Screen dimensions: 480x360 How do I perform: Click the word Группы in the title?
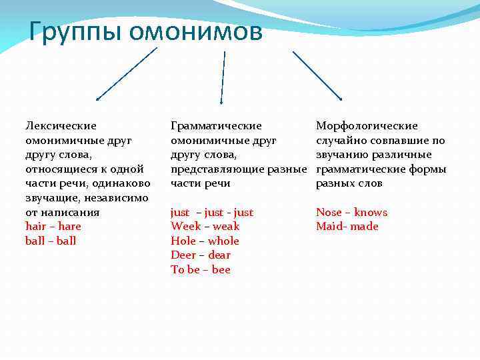tap(74, 31)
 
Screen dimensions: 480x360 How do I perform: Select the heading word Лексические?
tap(61, 125)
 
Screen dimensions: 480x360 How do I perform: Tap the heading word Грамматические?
tap(216, 125)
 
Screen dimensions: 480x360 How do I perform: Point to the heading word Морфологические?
tap(367, 125)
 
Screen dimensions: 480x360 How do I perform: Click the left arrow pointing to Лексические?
tap(127, 73)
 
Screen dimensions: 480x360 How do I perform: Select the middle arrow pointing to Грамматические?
tap(223, 76)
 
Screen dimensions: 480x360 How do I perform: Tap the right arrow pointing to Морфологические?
tap(317, 75)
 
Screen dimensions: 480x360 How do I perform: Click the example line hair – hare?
tap(53, 226)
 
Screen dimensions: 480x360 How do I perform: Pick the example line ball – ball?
tap(51, 241)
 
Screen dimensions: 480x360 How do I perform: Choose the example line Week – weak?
tap(205, 226)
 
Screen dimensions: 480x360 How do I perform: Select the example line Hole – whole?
tap(205, 241)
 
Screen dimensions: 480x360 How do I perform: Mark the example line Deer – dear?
tap(201, 255)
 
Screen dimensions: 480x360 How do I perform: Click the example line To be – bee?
tap(201, 269)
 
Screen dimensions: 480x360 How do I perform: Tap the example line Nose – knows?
tap(351, 212)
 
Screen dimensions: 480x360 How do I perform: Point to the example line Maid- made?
tap(347, 226)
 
